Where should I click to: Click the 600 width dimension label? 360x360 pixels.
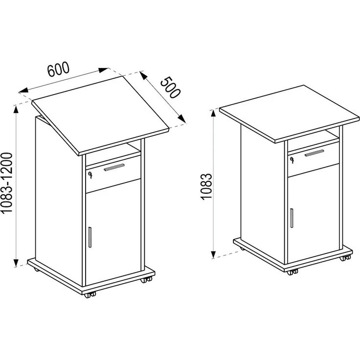coord(58,69)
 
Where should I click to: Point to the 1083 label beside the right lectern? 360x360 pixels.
coord(206,187)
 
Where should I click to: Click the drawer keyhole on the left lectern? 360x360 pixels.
coord(90,175)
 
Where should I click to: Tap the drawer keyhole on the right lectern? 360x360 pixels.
coord(292,160)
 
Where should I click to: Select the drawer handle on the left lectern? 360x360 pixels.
coord(114,167)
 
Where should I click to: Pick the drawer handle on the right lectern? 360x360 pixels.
coord(315,153)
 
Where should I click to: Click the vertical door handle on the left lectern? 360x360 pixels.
coord(90,237)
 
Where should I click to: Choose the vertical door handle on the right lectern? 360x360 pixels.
coord(292,218)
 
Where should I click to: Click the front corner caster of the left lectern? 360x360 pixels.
coord(90,295)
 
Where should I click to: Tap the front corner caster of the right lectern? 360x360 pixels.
coord(292,272)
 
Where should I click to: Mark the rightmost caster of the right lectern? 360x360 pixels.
coord(345,258)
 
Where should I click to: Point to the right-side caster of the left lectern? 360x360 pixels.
coord(146,280)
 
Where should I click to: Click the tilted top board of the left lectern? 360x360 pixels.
coord(101,115)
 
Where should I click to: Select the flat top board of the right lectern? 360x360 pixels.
coord(290,113)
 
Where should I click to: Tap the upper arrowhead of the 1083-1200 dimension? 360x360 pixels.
coord(16,110)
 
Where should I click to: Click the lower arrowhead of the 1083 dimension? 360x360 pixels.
coord(213,254)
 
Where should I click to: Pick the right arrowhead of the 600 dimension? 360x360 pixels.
coord(103,70)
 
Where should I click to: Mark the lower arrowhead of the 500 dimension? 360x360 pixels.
coord(182,119)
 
